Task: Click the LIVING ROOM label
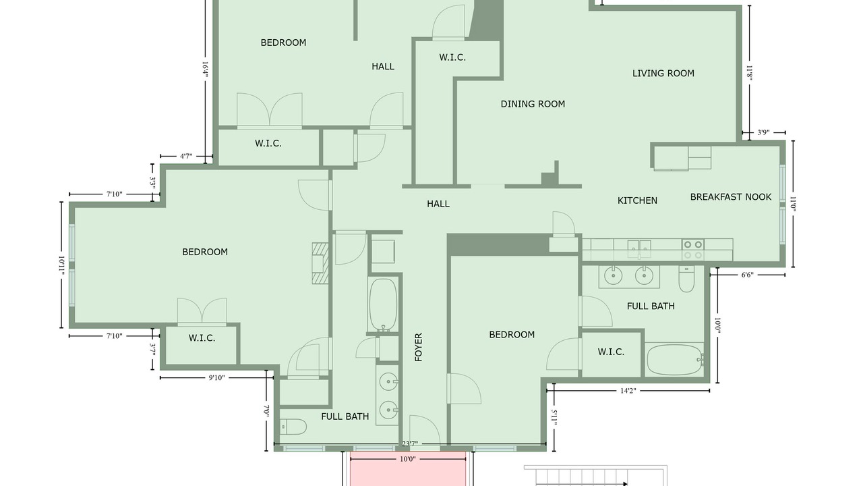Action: coord(663,74)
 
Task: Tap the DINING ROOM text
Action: coord(533,104)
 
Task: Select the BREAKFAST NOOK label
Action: coord(730,197)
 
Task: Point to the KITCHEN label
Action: coord(637,200)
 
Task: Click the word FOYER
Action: coord(419,347)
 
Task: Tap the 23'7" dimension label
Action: coord(409,444)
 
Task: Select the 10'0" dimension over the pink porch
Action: coord(408,459)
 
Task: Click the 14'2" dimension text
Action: coord(628,391)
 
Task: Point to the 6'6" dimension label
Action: coord(747,275)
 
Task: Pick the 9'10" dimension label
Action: coord(216,377)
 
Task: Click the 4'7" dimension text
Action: coord(186,156)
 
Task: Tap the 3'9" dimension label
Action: coord(763,133)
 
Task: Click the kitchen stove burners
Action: coord(693,249)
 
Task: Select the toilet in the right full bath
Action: coord(686,278)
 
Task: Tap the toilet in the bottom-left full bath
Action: coord(293,427)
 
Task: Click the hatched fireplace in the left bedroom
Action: coord(320,263)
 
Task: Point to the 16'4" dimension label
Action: coord(206,71)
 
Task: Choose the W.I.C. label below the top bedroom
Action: coord(268,144)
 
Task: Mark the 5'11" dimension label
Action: coord(554,418)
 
